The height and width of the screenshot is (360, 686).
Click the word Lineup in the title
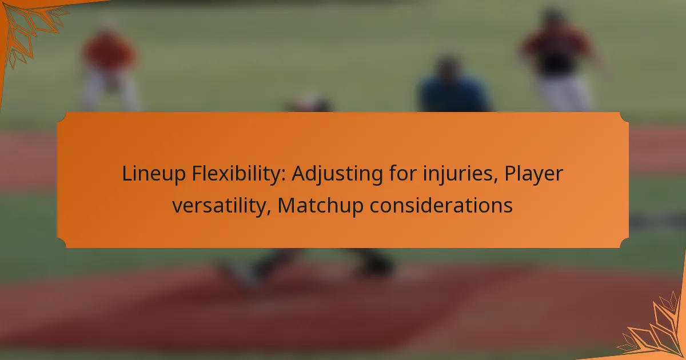154,174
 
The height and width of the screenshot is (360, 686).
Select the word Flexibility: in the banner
238,173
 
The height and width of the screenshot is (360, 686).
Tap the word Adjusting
337,174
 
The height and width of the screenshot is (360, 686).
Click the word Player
533,174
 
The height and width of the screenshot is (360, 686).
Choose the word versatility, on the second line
221,205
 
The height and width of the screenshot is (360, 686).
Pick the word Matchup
320,206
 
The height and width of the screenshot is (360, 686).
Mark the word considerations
441,205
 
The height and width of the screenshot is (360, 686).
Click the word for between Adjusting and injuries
403,173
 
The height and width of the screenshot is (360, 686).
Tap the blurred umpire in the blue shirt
453,86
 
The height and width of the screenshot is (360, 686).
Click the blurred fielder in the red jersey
110,64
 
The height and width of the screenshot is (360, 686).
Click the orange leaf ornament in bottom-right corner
655,331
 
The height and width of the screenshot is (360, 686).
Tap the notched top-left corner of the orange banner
61,117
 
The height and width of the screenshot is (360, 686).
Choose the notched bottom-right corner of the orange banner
624,243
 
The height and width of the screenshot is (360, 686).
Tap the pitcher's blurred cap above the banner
309,103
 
